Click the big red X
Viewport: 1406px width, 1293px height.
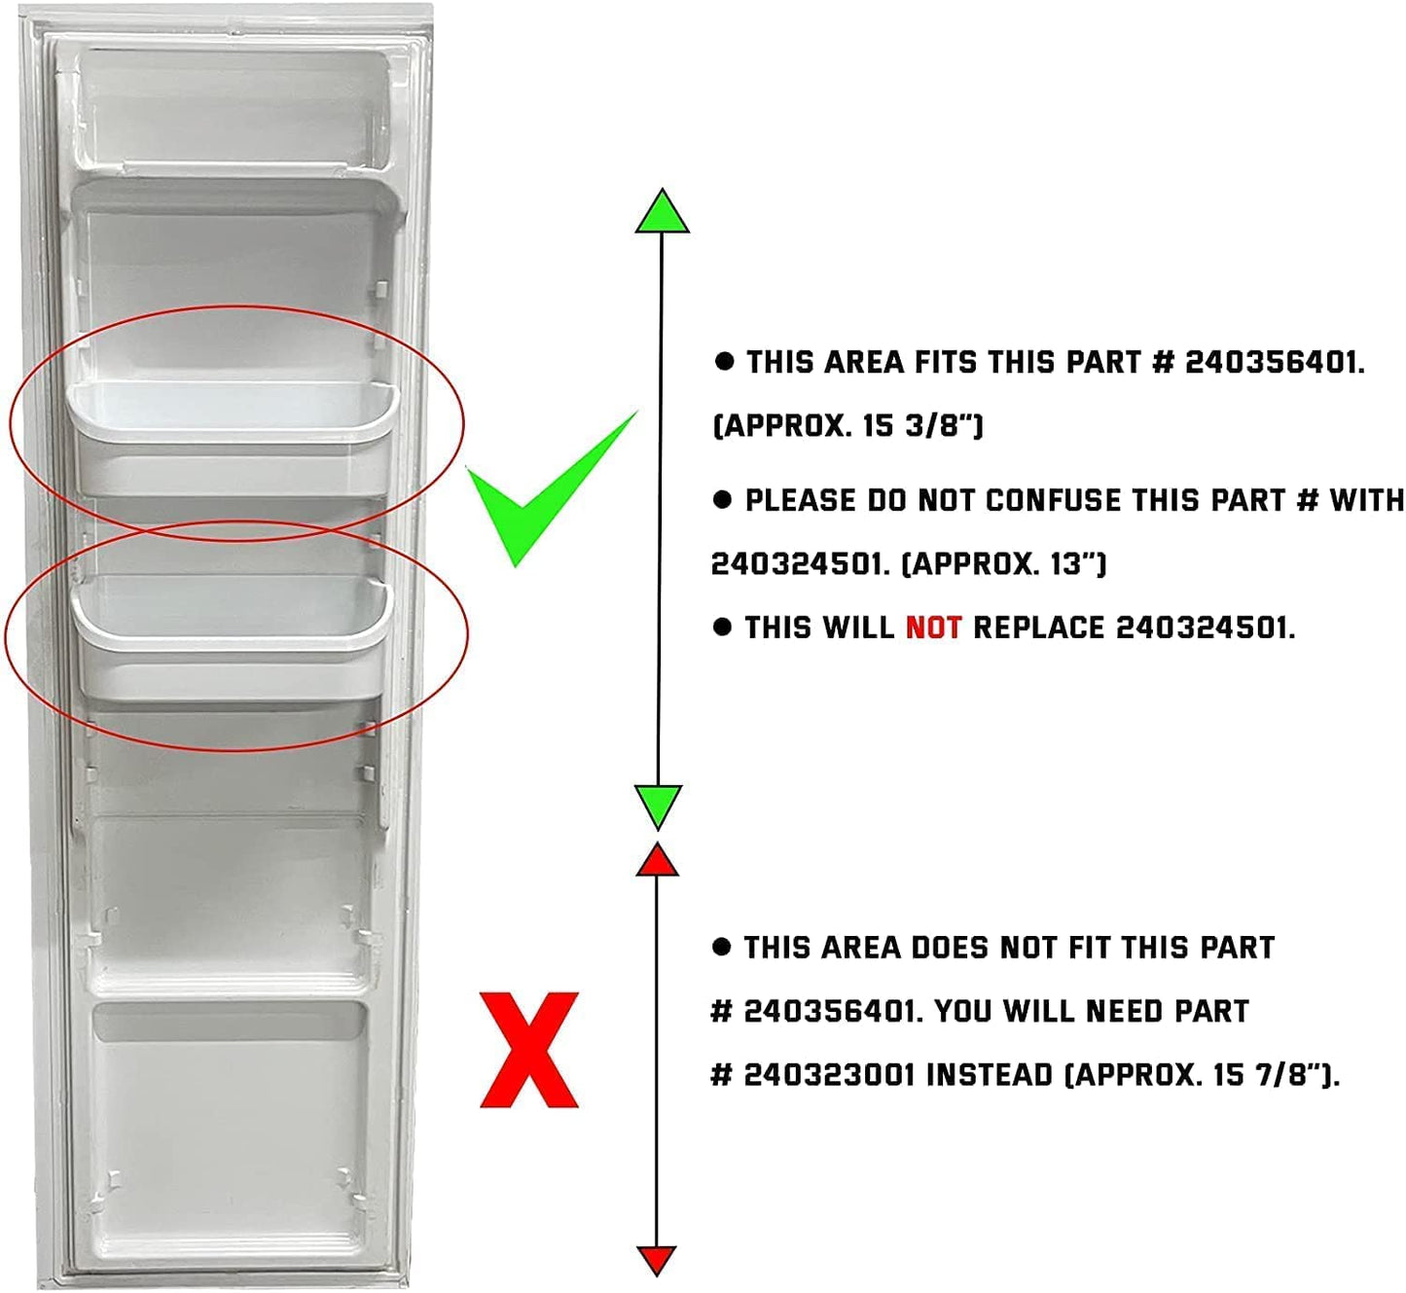point(529,1049)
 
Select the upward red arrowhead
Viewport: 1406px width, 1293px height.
point(657,860)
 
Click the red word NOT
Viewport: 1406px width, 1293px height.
point(933,628)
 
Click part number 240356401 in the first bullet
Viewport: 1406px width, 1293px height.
point(1275,362)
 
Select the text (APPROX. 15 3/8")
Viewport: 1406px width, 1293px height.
point(847,425)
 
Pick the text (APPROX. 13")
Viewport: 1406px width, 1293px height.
point(1003,563)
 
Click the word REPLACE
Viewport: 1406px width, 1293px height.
point(1039,628)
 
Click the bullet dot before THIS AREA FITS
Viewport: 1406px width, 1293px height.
point(724,362)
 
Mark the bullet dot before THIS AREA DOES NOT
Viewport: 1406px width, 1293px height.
point(721,948)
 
